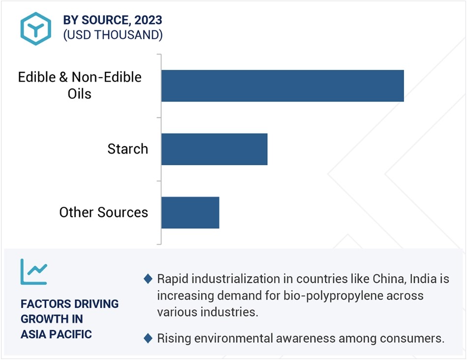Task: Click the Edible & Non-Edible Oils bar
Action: tap(282, 86)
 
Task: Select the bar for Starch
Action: tap(215, 149)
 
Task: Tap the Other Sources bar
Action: tap(190, 212)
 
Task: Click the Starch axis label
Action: tap(127, 149)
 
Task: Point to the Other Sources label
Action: tap(104, 212)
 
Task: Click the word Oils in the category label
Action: tap(80, 94)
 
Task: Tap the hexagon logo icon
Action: tap(36, 29)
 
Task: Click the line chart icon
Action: tap(33, 271)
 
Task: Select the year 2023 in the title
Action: tap(148, 20)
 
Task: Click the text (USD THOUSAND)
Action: tap(113, 35)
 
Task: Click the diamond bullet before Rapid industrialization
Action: tap(148, 279)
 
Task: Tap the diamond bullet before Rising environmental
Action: tap(148, 338)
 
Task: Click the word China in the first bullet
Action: tap(389, 279)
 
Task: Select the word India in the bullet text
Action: tap(423, 279)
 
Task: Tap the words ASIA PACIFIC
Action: tap(56, 334)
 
